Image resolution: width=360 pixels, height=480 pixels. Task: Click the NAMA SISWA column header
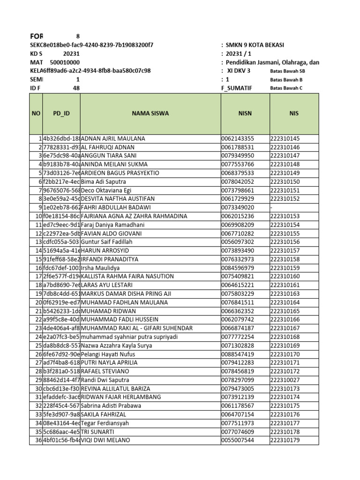[150, 113]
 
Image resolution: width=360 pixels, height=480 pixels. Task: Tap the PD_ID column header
[61, 113]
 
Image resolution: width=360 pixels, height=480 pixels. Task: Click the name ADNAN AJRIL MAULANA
[113, 139]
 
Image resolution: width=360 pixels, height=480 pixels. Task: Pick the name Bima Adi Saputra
[104, 182]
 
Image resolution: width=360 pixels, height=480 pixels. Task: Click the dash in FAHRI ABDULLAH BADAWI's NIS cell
[271, 208]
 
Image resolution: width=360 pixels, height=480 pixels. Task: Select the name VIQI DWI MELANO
[105, 440]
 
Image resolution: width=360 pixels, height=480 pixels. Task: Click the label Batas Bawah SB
[287, 71]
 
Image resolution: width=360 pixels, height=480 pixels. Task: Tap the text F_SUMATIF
[236, 88]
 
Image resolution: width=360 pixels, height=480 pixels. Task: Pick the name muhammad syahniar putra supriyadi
[129, 337]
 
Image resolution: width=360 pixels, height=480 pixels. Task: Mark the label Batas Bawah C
[286, 88]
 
